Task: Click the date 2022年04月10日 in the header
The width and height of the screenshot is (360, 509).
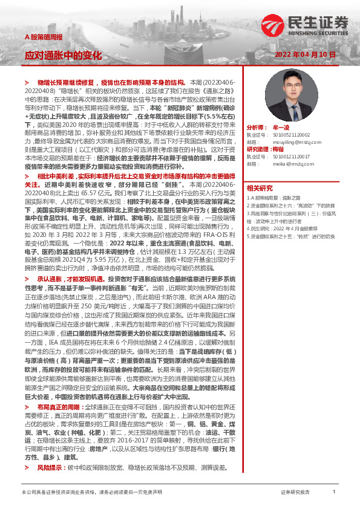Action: pos(309,54)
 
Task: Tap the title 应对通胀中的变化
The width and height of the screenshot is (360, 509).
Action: pos(63,55)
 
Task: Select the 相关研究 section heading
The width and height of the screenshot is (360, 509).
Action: pos(260,187)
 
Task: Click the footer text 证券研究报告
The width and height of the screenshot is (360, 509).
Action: pos(295,493)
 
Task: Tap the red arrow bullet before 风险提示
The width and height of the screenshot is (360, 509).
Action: pos(27,450)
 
